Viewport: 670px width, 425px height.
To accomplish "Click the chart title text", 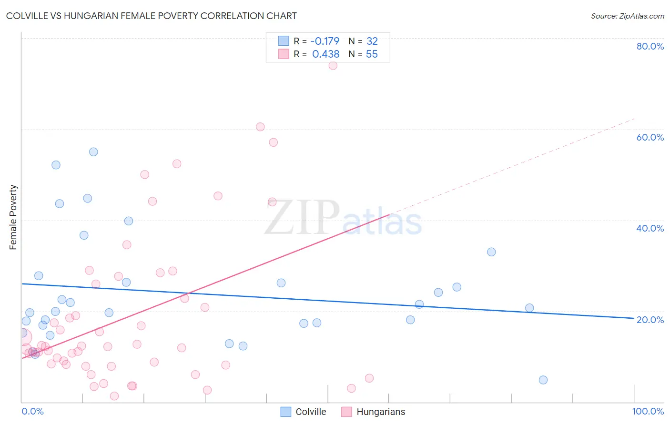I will [151, 16].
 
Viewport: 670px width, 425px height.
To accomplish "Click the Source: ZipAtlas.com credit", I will [627, 16].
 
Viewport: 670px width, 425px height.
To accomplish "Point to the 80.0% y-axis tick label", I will [650, 46].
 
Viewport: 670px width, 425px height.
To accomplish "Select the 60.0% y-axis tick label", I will [650, 137].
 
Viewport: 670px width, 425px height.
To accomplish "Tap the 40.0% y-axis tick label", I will [650, 228].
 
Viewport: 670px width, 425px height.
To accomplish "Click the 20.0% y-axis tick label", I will [650, 320].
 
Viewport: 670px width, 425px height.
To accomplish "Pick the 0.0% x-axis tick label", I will [32, 411].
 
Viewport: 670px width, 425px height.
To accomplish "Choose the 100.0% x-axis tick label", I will [648, 411].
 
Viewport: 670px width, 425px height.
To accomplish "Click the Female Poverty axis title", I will [13, 217].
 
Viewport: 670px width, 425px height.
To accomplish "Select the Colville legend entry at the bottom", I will [304, 412].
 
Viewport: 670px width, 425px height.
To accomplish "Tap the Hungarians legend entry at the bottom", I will [374, 412].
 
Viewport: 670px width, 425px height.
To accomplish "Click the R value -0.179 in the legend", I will [325, 41].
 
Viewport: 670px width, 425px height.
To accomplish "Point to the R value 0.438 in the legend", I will [325, 54].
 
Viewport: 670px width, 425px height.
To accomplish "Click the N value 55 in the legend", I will [372, 54].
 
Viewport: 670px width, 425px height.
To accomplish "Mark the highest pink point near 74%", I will [333, 65].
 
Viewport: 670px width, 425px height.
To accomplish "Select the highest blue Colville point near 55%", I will [93, 152].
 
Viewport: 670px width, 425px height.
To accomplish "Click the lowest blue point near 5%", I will [543, 380].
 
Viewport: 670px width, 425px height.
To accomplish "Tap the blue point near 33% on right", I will [491, 252].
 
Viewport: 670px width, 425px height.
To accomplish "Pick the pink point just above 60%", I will [260, 127].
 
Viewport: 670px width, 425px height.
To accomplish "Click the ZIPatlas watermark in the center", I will [343, 218].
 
